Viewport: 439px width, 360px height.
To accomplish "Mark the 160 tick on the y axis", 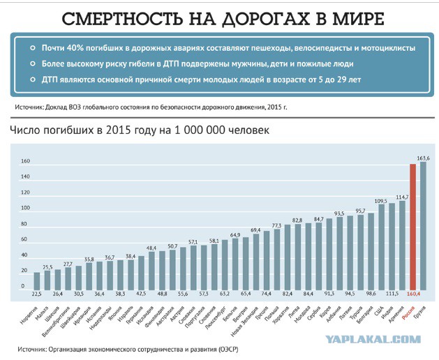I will [x=24, y=161].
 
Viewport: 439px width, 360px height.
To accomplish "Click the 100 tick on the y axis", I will [x=24, y=209].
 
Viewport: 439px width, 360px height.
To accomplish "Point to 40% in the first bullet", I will [x=82, y=47].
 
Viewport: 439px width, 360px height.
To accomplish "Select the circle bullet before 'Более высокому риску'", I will [x=32, y=64].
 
